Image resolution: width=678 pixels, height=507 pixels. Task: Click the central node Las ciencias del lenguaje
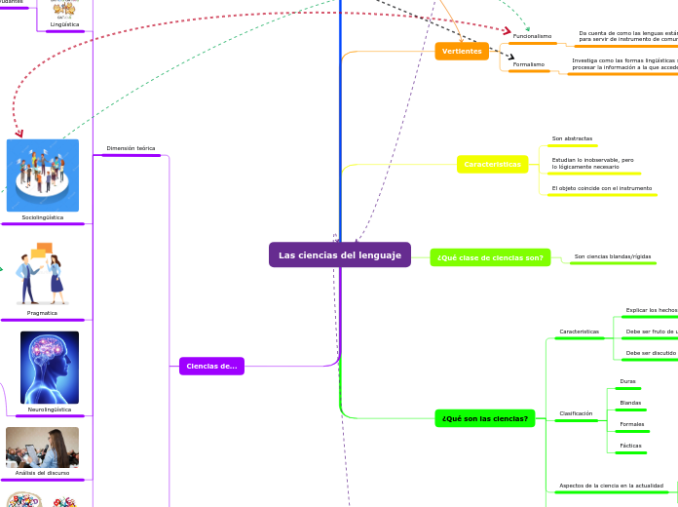point(340,254)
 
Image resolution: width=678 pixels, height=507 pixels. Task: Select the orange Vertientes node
point(462,51)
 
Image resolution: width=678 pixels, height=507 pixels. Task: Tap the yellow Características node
point(492,165)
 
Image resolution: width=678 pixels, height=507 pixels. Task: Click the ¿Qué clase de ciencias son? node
point(490,257)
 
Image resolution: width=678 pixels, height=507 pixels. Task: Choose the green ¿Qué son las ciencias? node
point(485,418)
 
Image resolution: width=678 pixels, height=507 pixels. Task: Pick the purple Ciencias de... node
point(211,366)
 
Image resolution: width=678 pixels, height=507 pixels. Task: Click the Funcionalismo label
point(532,36)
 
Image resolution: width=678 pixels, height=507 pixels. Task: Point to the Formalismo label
point(529,64)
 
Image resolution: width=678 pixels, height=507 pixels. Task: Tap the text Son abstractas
point(572,138)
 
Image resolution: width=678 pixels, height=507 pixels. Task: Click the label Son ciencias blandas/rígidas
point(613,256)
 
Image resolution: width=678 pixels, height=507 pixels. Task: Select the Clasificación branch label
point(576,413)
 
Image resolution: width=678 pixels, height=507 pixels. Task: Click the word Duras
point(627,381)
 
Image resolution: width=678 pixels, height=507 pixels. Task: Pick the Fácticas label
point(630,446)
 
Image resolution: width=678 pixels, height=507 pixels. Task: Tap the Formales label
point(631,424)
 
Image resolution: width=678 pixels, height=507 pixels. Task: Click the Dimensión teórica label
point(131,148)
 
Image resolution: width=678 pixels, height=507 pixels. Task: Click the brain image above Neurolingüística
point(50,368)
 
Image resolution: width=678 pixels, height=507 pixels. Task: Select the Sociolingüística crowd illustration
point(43,175)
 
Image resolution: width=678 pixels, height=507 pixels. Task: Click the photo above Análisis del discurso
point(42,447)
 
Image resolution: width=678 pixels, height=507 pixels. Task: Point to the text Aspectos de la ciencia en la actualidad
point(611,485)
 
